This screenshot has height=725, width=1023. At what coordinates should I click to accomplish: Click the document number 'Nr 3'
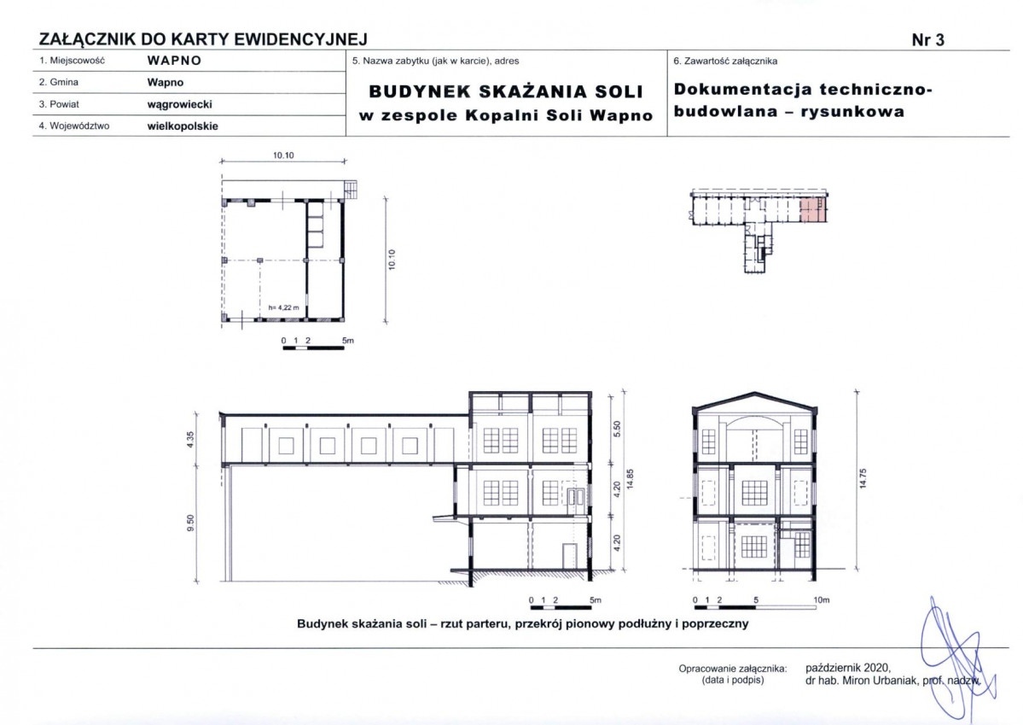(927, 39)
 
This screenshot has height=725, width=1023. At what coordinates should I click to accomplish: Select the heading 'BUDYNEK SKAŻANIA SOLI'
(505, 91)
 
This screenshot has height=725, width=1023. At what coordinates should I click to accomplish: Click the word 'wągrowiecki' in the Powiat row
(179, 104)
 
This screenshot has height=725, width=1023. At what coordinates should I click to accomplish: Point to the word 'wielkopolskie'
(183, 126)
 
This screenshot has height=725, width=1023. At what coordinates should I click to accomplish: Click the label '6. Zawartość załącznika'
(725, 61)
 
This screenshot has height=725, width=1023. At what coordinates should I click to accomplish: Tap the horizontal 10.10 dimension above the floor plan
(283, 156)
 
